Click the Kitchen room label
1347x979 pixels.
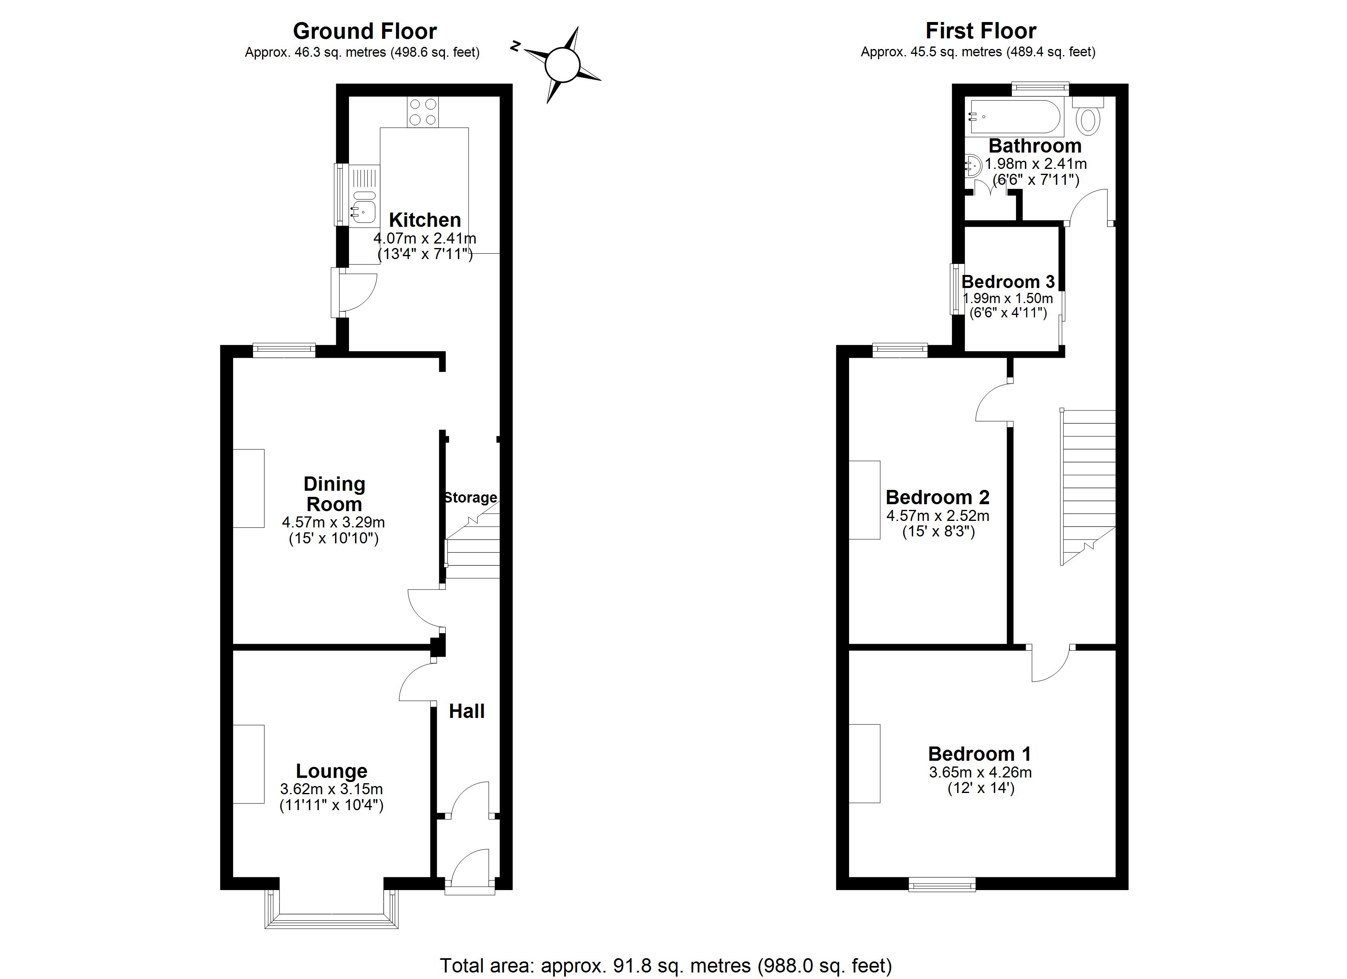pos(425,220)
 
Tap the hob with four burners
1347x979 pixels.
pos(423,112)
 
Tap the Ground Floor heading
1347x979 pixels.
pos(365,31)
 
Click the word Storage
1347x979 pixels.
pos(470,498)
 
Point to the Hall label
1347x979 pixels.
pos(467,711)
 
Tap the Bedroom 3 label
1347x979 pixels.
pos(1008,281)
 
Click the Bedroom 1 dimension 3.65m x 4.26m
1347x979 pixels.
pos(980,773)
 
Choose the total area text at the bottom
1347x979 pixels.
pos(666,966)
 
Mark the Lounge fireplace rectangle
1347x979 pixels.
pos(248,764)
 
